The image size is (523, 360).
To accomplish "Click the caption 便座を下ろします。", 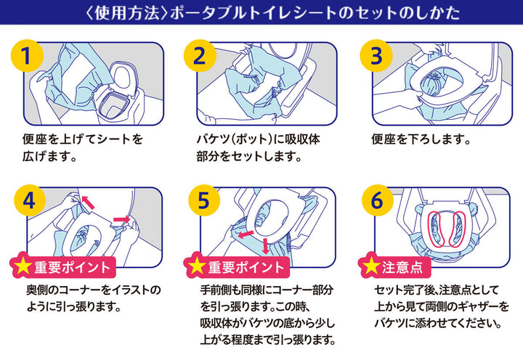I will tap(422, 138).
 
